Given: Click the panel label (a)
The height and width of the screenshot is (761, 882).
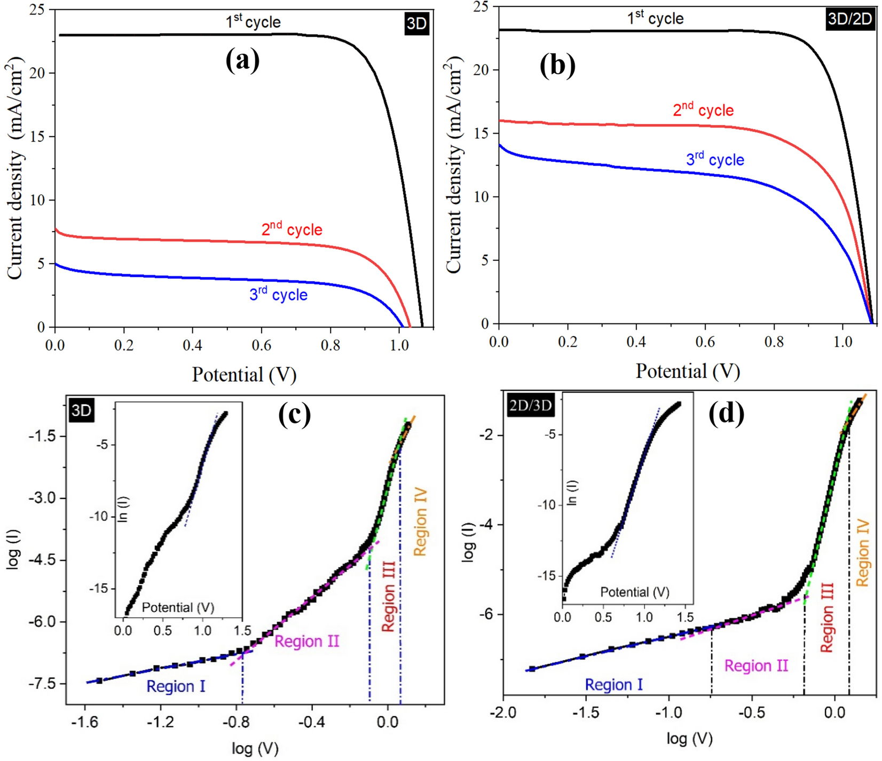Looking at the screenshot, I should click(x=242, y=60).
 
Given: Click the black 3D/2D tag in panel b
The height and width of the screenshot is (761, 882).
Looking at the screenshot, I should click(x=849, y=20).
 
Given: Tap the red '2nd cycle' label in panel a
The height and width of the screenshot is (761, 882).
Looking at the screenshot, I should click(x=292, y=229).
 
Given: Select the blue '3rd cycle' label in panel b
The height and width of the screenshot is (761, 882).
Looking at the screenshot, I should click(x=715, y=159).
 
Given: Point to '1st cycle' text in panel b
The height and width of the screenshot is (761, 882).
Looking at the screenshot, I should click(x=655, y=18).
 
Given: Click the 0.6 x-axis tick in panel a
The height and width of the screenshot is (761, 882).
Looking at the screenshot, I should click(x=261, y=345).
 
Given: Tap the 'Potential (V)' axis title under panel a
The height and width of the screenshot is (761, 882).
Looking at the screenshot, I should click(x=244, y=375).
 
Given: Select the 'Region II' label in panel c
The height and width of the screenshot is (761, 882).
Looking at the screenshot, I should click(x=306, y=641).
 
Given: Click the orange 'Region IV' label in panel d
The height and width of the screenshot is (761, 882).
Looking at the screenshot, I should click(x=863, y=553).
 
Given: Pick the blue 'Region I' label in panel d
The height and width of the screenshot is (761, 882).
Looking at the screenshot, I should click(x=613, y=685).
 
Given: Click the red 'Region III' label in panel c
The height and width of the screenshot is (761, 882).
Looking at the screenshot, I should click(x=388, y=596).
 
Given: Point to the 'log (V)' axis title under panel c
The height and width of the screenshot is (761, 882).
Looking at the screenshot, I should click(x=255, y=749).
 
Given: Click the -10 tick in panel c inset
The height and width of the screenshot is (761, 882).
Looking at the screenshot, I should click(x=101, y=517).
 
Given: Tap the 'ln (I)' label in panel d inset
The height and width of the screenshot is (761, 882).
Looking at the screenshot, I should click(x=572, y=493).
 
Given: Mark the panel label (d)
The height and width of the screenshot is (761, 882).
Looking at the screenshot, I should click(x=726, y=414).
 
